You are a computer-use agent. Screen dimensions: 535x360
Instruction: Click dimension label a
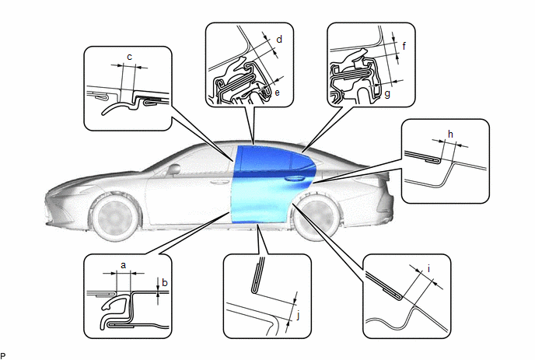[124, 265]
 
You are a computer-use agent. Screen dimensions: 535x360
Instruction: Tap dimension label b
[165, 282]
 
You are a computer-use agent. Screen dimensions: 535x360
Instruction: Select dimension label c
[129, 57]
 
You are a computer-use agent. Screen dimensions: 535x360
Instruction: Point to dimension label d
[279, 40]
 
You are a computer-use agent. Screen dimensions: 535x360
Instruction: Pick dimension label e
[277, 93]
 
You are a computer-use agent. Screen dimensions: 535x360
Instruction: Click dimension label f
[404, 46]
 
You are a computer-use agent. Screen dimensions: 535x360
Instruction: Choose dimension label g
[387, 94]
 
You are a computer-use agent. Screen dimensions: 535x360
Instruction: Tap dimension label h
[450, 134]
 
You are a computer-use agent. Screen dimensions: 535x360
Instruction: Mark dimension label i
[428, 269]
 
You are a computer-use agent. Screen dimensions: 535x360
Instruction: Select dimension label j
[298, 316]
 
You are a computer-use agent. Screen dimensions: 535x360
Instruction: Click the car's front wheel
[115, 217]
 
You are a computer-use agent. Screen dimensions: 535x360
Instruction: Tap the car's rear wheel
[316, 218]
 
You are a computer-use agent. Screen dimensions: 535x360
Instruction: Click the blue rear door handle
[293, 179]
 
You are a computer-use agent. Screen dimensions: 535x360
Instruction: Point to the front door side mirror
[173, 170]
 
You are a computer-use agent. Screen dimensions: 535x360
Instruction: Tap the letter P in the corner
[3, 356]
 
